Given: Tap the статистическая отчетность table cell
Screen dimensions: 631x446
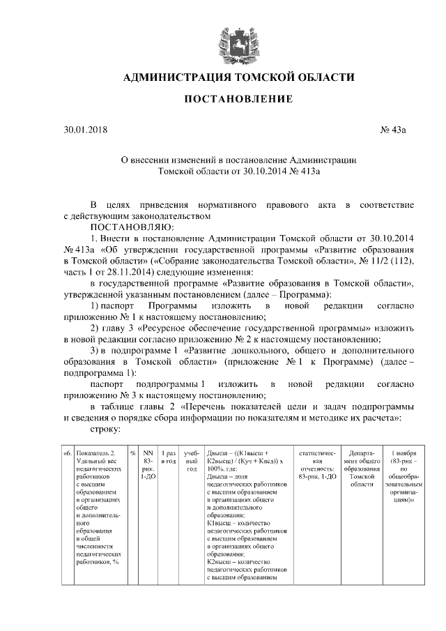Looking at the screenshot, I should click(317, 461).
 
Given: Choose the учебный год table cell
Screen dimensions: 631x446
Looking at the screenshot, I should click(192, 460).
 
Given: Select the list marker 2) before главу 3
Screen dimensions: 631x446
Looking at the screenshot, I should click(95, 328).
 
